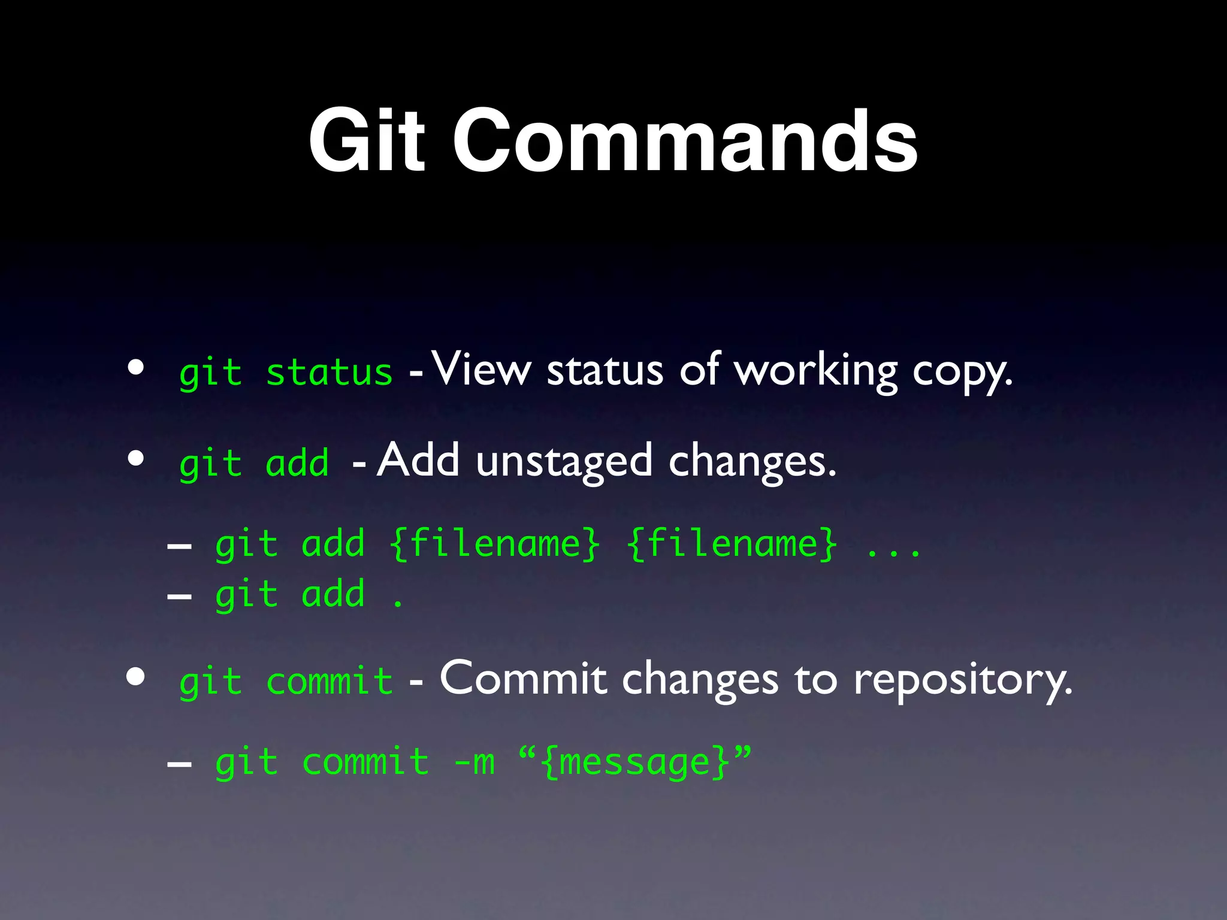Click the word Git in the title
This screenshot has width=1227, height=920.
pos(367,141)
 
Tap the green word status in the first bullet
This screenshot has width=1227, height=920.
pos(329,373)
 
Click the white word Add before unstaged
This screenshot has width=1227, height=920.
pos(418,460)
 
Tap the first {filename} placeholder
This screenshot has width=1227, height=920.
pos(494,544)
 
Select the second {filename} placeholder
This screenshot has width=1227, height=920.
pos(732,544)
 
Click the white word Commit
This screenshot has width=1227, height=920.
pos(523,679)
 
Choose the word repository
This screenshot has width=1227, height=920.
pos(962,682)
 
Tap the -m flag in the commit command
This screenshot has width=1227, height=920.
pos(475,762)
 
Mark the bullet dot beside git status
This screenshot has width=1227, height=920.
pos(136,367)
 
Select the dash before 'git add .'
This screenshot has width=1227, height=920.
pos(179,597)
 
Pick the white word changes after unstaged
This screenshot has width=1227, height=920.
pos(751,462)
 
